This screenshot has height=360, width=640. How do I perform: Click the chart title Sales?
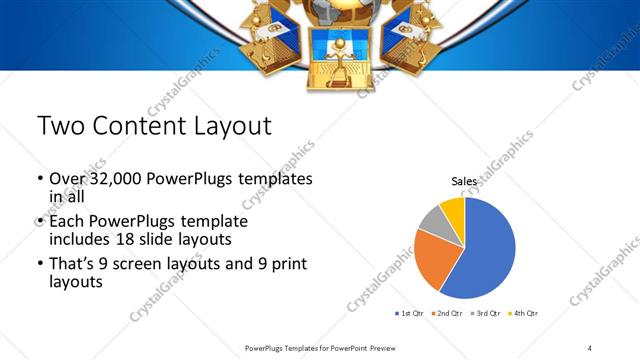[463, 181]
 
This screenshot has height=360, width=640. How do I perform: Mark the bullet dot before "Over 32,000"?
[40, 179]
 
